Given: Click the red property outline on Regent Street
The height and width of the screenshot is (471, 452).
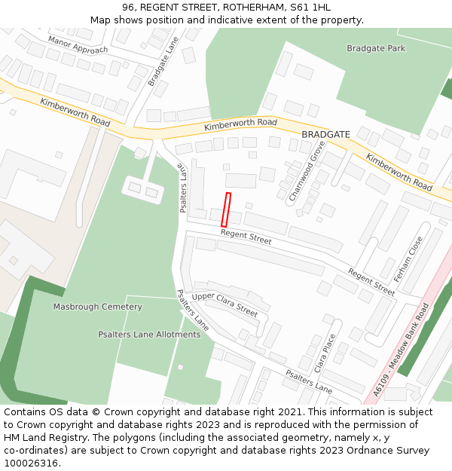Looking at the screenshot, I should tap(225, 210).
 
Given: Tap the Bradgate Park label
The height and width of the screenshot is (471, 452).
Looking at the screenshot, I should tap(375, 48).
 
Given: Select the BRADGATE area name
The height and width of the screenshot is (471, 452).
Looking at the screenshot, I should tap(325, 134).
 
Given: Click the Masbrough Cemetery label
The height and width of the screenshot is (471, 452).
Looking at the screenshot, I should tap(97, 307).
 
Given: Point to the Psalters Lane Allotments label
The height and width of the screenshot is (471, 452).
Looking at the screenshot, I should tap(149, 334).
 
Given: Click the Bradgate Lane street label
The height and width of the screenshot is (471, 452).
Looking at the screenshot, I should tap(162, 63).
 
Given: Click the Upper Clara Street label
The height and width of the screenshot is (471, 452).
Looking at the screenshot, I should tap(224, 304).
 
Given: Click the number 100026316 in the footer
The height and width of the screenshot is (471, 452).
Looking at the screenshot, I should tap(30, 463).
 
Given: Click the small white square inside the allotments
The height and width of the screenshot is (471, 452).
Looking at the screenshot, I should tap(180, 367).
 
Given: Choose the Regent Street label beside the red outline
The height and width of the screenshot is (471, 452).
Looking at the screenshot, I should tap(246, 237).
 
